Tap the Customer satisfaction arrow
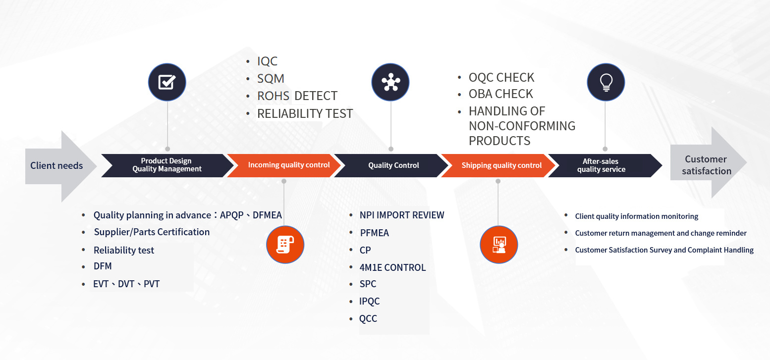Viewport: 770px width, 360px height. coord(707,165)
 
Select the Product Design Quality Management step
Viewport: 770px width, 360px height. coord(167,165)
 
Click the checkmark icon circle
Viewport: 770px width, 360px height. coord(167,82)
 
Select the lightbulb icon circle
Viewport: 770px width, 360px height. coord(605,82)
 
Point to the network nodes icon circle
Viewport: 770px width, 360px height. coord(390,82)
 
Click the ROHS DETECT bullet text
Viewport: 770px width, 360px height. coord(297,96)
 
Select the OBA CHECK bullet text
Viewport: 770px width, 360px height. coord(500,94)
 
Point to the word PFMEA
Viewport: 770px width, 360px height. coord(374,233)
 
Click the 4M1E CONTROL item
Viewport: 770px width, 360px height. coord(392,267)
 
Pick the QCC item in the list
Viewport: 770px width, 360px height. coord(368,318)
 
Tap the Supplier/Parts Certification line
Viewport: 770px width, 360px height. coord(152,232)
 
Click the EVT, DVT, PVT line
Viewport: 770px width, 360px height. coord(126,284)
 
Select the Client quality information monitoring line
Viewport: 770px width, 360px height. coord(636,216)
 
